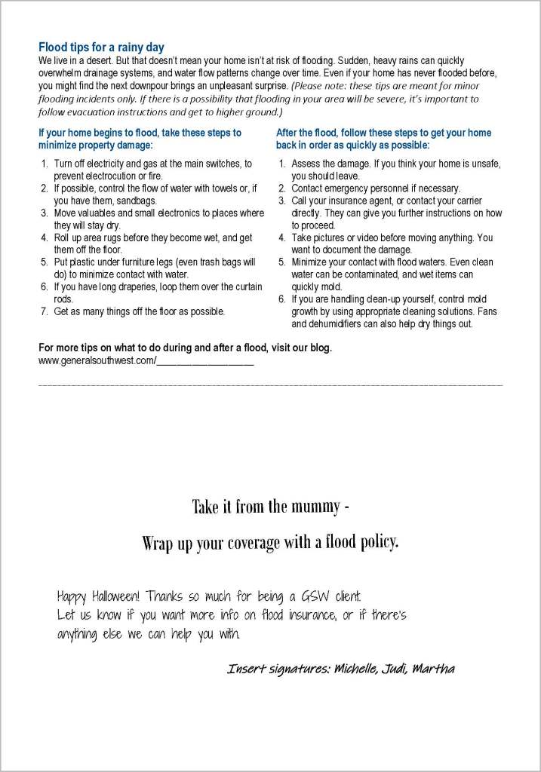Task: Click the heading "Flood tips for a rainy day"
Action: (101, 47)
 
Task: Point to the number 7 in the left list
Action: (44, 311)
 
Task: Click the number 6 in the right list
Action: (281, 299)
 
